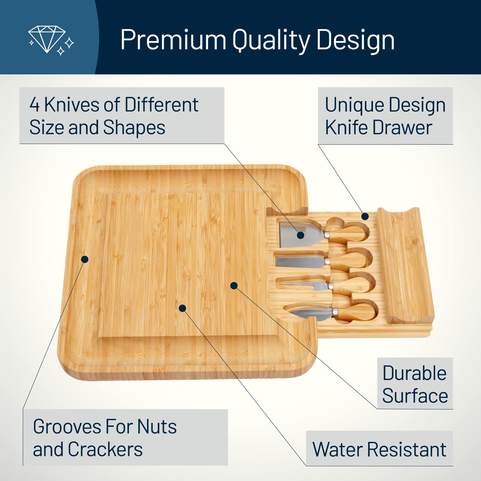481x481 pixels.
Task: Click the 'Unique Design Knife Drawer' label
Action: [x=385, y=116]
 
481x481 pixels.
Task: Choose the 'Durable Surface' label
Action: [x=415, y=384]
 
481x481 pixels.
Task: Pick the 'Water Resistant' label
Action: [x=379, y=449]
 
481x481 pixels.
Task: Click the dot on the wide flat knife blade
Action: [x=300, y=235]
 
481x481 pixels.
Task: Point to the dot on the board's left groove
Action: [x=85, y=259]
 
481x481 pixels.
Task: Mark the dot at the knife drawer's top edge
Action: [x=365, y=216]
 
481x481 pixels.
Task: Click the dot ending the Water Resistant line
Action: [x=182, y=308]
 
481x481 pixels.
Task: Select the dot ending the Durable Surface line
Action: [x=234, y=285]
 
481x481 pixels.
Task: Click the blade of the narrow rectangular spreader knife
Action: [x=300, y=261]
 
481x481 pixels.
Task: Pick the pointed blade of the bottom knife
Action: [x=309, y=313]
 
